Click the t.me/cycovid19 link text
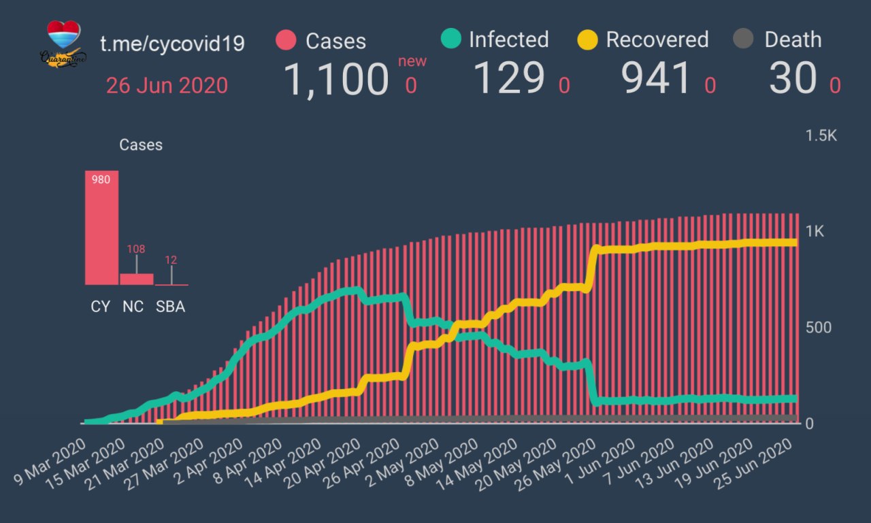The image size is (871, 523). [x=172, y=44]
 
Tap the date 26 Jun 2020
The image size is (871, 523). [x=167, y=86]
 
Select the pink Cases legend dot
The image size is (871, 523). [x=286, y=40]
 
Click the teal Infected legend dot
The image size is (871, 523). [x=450, y=39]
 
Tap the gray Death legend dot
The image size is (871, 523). [x=744, y=39]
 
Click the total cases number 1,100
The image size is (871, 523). [x=335, y=80]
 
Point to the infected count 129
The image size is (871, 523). [x=509, y=78]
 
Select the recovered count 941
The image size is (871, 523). [x=657, y=78]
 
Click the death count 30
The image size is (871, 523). [x=793, y=78]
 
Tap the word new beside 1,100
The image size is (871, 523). [x=412, y=61]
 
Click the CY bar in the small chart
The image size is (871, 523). [x=101, y=227]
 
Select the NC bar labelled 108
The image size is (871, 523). [x=136, y=279]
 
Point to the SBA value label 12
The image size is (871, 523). [x=171, y=260]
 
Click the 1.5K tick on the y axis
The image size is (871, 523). [x=821, y=136]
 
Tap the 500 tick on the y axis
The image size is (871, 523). [x=818, y=328]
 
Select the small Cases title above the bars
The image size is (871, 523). [x=141, y=145]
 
